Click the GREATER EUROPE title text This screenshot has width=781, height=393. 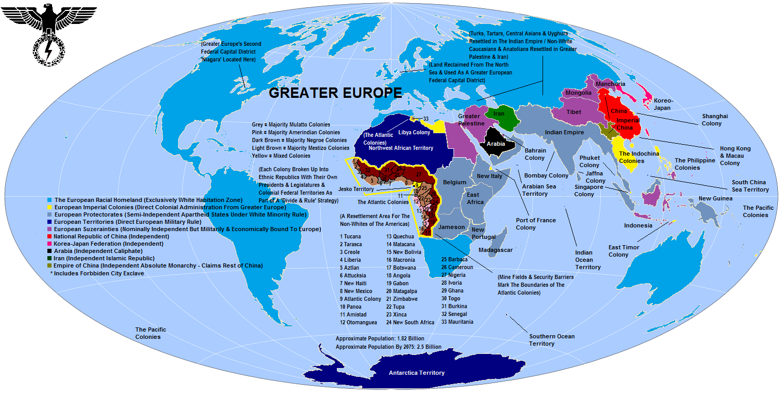click(x=335, y=93)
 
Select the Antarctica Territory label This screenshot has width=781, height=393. click(x=417, y=373)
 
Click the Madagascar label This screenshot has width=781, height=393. click(x=495, y=250)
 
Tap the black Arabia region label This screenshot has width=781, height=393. click(x=496, y=143)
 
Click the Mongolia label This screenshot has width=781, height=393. click(x=578, y=93)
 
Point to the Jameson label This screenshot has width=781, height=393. click(x=451, y=227)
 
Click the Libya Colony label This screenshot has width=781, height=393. click(x=414, y=133)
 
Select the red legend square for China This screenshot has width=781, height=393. click(x=49, y=236)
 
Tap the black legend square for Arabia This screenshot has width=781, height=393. click(x=49, y=251)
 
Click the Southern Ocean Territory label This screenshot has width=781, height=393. click(x=551, y=340)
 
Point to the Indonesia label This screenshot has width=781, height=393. click(x=638, y=225)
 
